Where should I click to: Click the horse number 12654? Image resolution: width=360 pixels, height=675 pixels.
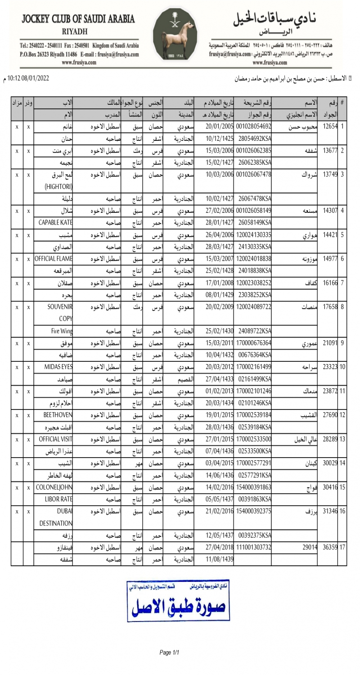(x=330, y=126)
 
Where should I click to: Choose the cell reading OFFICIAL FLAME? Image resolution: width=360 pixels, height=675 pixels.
(x=54, y=259)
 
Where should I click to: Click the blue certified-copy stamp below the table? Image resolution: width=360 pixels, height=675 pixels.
(x=179, y=600)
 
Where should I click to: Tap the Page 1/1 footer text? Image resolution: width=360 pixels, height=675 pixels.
(x=169, y=652)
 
